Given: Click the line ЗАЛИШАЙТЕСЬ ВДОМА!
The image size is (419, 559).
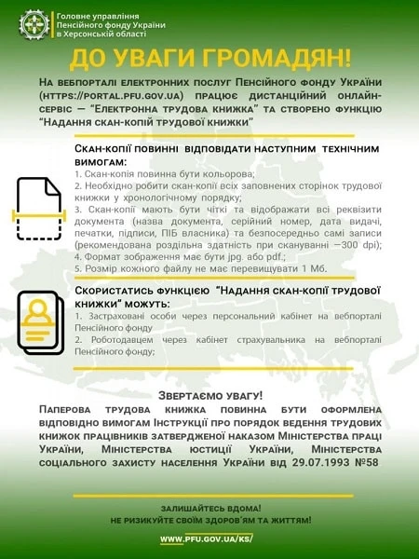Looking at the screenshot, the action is coord(209,508).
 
